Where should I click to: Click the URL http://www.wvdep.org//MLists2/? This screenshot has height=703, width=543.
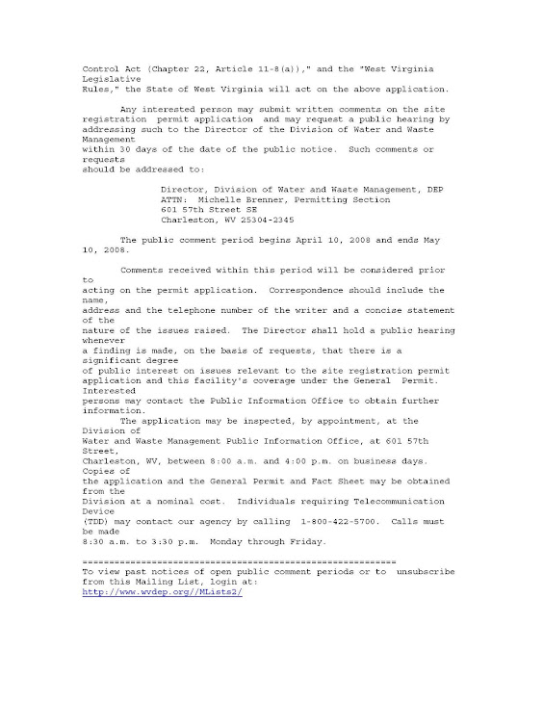pos(149,591)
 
